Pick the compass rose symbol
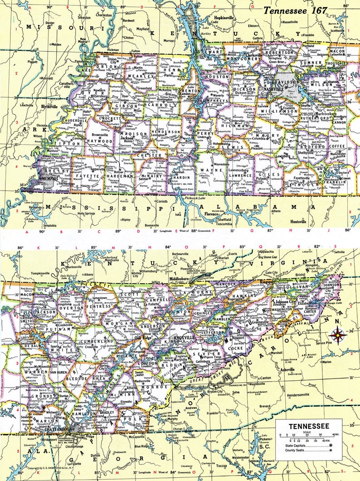[339, 336]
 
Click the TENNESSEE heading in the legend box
[309, 426]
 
